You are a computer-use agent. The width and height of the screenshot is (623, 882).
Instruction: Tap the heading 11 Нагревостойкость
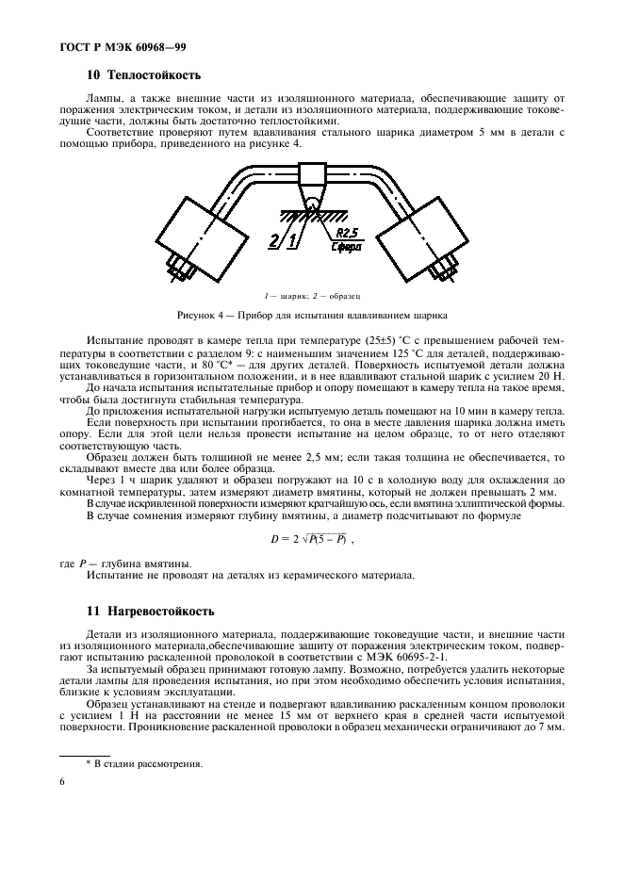[152, 612]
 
